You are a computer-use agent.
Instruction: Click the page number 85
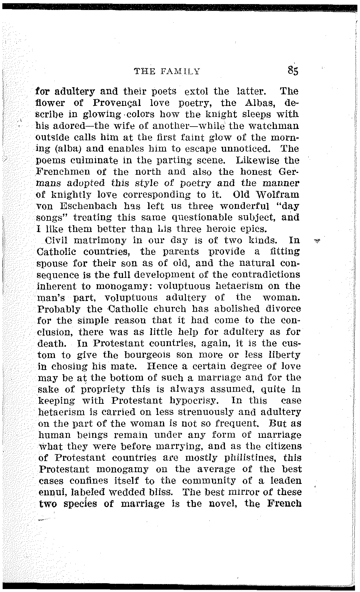pyautogui.click(x=293, y=71)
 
